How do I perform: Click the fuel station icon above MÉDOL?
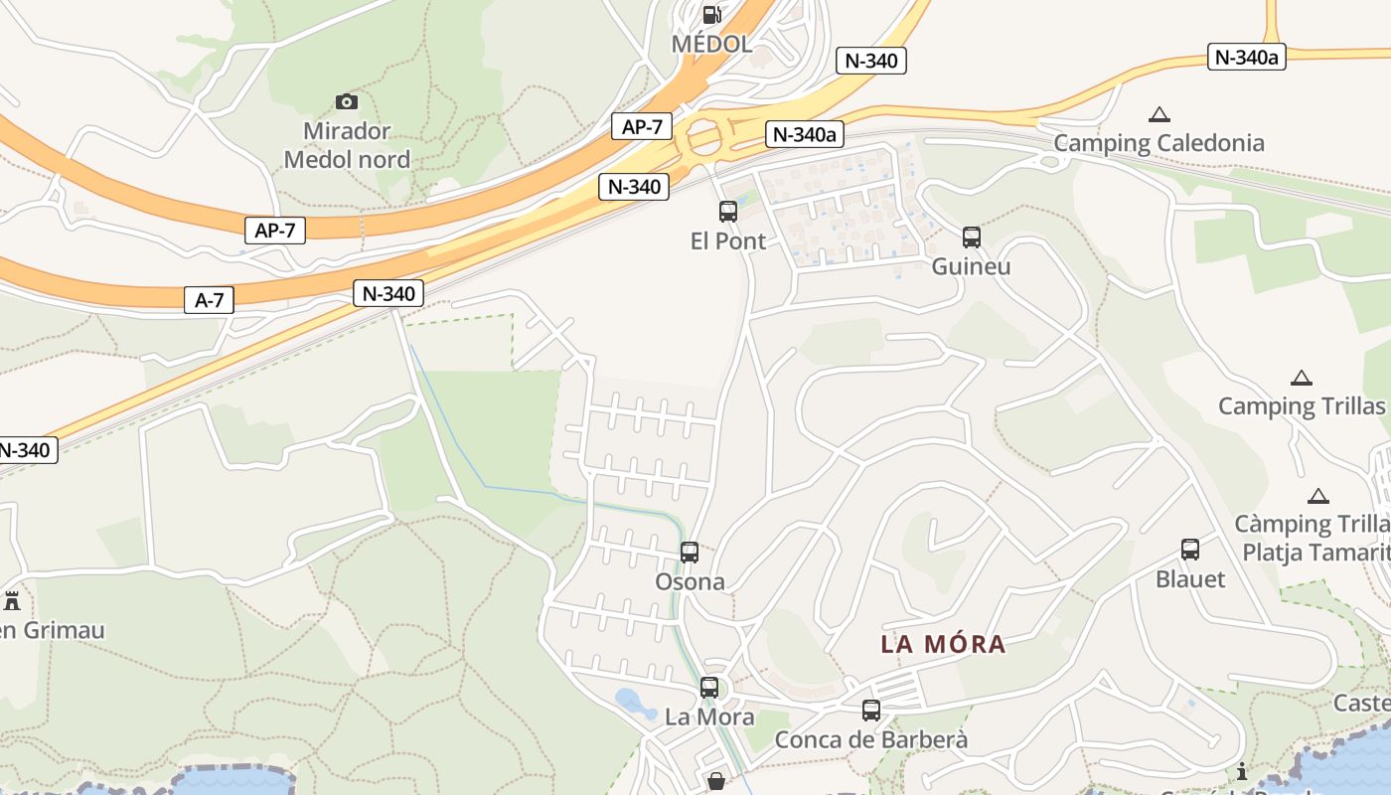coord(711,14)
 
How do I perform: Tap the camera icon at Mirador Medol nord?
coord(347,101)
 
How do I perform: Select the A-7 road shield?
coord(209,300)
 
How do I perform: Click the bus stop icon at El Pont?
coord(728,211)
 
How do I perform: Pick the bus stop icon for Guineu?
coord(972,238)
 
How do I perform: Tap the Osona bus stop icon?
coord(690,553)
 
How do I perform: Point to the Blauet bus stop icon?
coord(1190,549)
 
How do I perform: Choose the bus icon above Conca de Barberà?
coord(871,711)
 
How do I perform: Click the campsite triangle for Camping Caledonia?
coord(1159,114)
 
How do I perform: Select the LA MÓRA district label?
coord(943,644)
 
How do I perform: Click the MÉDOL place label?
coord(711,44)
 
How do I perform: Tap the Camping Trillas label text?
coord(1301,405)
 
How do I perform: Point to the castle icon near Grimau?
coord(12,601)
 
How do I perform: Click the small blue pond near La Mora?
coord(635,704)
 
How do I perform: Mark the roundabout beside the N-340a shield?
coord(704,138)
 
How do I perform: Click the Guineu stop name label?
coord(971,266)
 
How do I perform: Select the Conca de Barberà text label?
coord(870,740)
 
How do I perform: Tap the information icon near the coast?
coord(1241,771)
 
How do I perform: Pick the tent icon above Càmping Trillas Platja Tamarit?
coord(1318,496)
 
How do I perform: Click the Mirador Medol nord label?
coord(347,145)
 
